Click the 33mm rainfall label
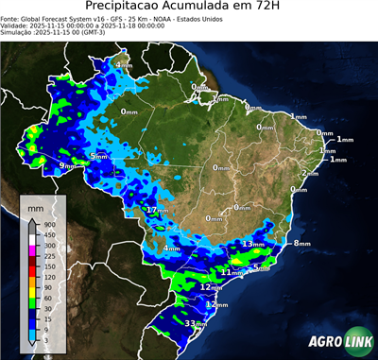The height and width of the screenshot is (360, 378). (196, 323)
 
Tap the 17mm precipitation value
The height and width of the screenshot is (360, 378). (157, 209)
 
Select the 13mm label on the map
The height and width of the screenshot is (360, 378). (252, 244)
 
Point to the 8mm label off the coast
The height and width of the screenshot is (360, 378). (301, 244)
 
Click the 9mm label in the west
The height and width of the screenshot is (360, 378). (67, 166)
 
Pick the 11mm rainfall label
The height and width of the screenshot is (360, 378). (232, 272)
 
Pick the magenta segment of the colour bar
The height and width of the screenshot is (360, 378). (33, 250)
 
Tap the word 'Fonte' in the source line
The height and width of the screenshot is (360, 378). (12, 21)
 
